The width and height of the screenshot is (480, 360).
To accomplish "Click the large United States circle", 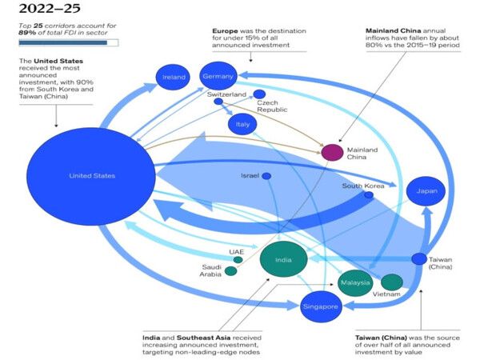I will pos(91,176).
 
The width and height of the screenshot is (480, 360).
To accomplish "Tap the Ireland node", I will pos(173,77).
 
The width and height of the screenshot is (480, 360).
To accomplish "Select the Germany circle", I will pos(218,76).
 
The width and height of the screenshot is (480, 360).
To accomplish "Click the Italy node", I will pos(242,125).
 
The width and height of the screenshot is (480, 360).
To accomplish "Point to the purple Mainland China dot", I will pos(332,152).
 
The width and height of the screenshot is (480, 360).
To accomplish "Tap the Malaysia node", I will pos(355,282).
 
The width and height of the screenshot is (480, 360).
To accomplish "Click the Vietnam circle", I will pos(392,282).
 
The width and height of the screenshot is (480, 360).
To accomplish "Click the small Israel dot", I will pos(266,176).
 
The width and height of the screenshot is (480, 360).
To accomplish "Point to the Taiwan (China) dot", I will pos(419,258).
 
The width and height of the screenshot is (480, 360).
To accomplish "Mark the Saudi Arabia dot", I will pos(230,271).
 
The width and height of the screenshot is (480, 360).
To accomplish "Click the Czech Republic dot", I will pos(259,94).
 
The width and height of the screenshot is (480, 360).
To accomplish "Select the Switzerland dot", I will pos(218,102).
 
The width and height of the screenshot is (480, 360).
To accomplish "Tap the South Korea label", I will pos(363,186).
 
